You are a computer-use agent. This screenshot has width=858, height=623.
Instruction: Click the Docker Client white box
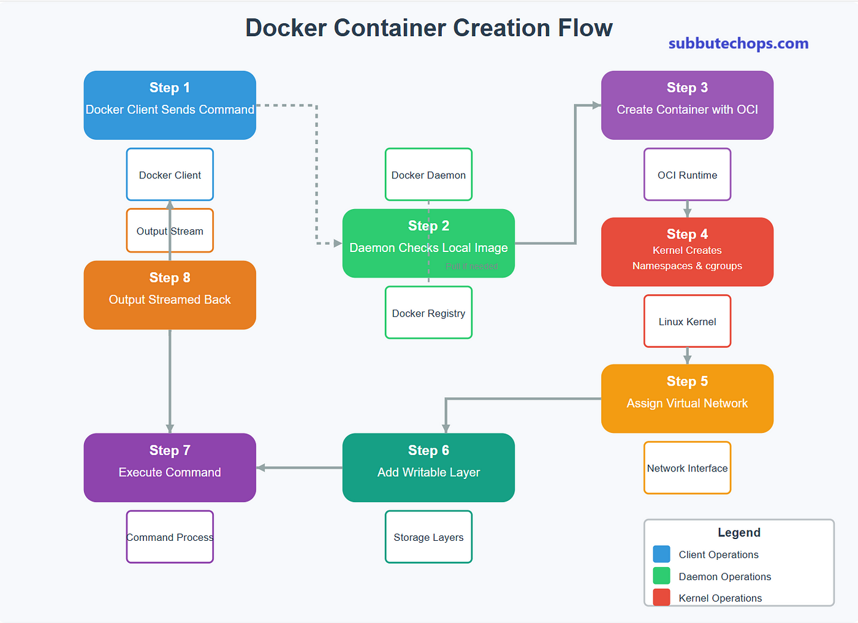(170, 174)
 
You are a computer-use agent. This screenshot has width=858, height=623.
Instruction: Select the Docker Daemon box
(428, 174)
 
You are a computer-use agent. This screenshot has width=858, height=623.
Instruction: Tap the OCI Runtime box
(687, 174)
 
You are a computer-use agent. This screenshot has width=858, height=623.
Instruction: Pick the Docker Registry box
(428, 312)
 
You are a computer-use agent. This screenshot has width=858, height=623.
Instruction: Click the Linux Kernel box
(687, 321)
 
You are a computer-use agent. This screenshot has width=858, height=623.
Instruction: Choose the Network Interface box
(687, 468)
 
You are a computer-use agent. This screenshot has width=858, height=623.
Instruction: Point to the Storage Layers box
(428, 537)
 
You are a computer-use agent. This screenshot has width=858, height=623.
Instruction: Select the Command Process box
(170, 537)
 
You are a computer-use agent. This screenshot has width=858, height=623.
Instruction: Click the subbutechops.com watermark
(738, 44)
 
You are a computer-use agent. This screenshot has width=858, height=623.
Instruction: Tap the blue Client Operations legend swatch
(661, 554)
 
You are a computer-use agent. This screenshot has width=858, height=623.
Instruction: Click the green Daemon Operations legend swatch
(661, 576)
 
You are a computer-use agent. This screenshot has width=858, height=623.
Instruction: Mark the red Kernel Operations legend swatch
(661, 597)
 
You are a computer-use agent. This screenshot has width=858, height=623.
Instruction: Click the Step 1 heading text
(170, 88)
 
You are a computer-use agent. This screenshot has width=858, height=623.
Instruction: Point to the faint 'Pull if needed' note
(471, 266)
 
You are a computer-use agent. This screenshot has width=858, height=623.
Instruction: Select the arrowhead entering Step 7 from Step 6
(260, 467)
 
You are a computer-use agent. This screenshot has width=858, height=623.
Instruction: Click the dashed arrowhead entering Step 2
(338, 243)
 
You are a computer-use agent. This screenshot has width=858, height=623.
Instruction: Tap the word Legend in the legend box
(739, 533)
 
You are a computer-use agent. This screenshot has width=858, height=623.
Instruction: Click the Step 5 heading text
(687, 381)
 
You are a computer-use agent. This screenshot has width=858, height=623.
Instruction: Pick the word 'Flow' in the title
(585, 28)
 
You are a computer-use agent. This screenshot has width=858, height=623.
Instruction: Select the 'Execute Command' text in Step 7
(170, 472)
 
